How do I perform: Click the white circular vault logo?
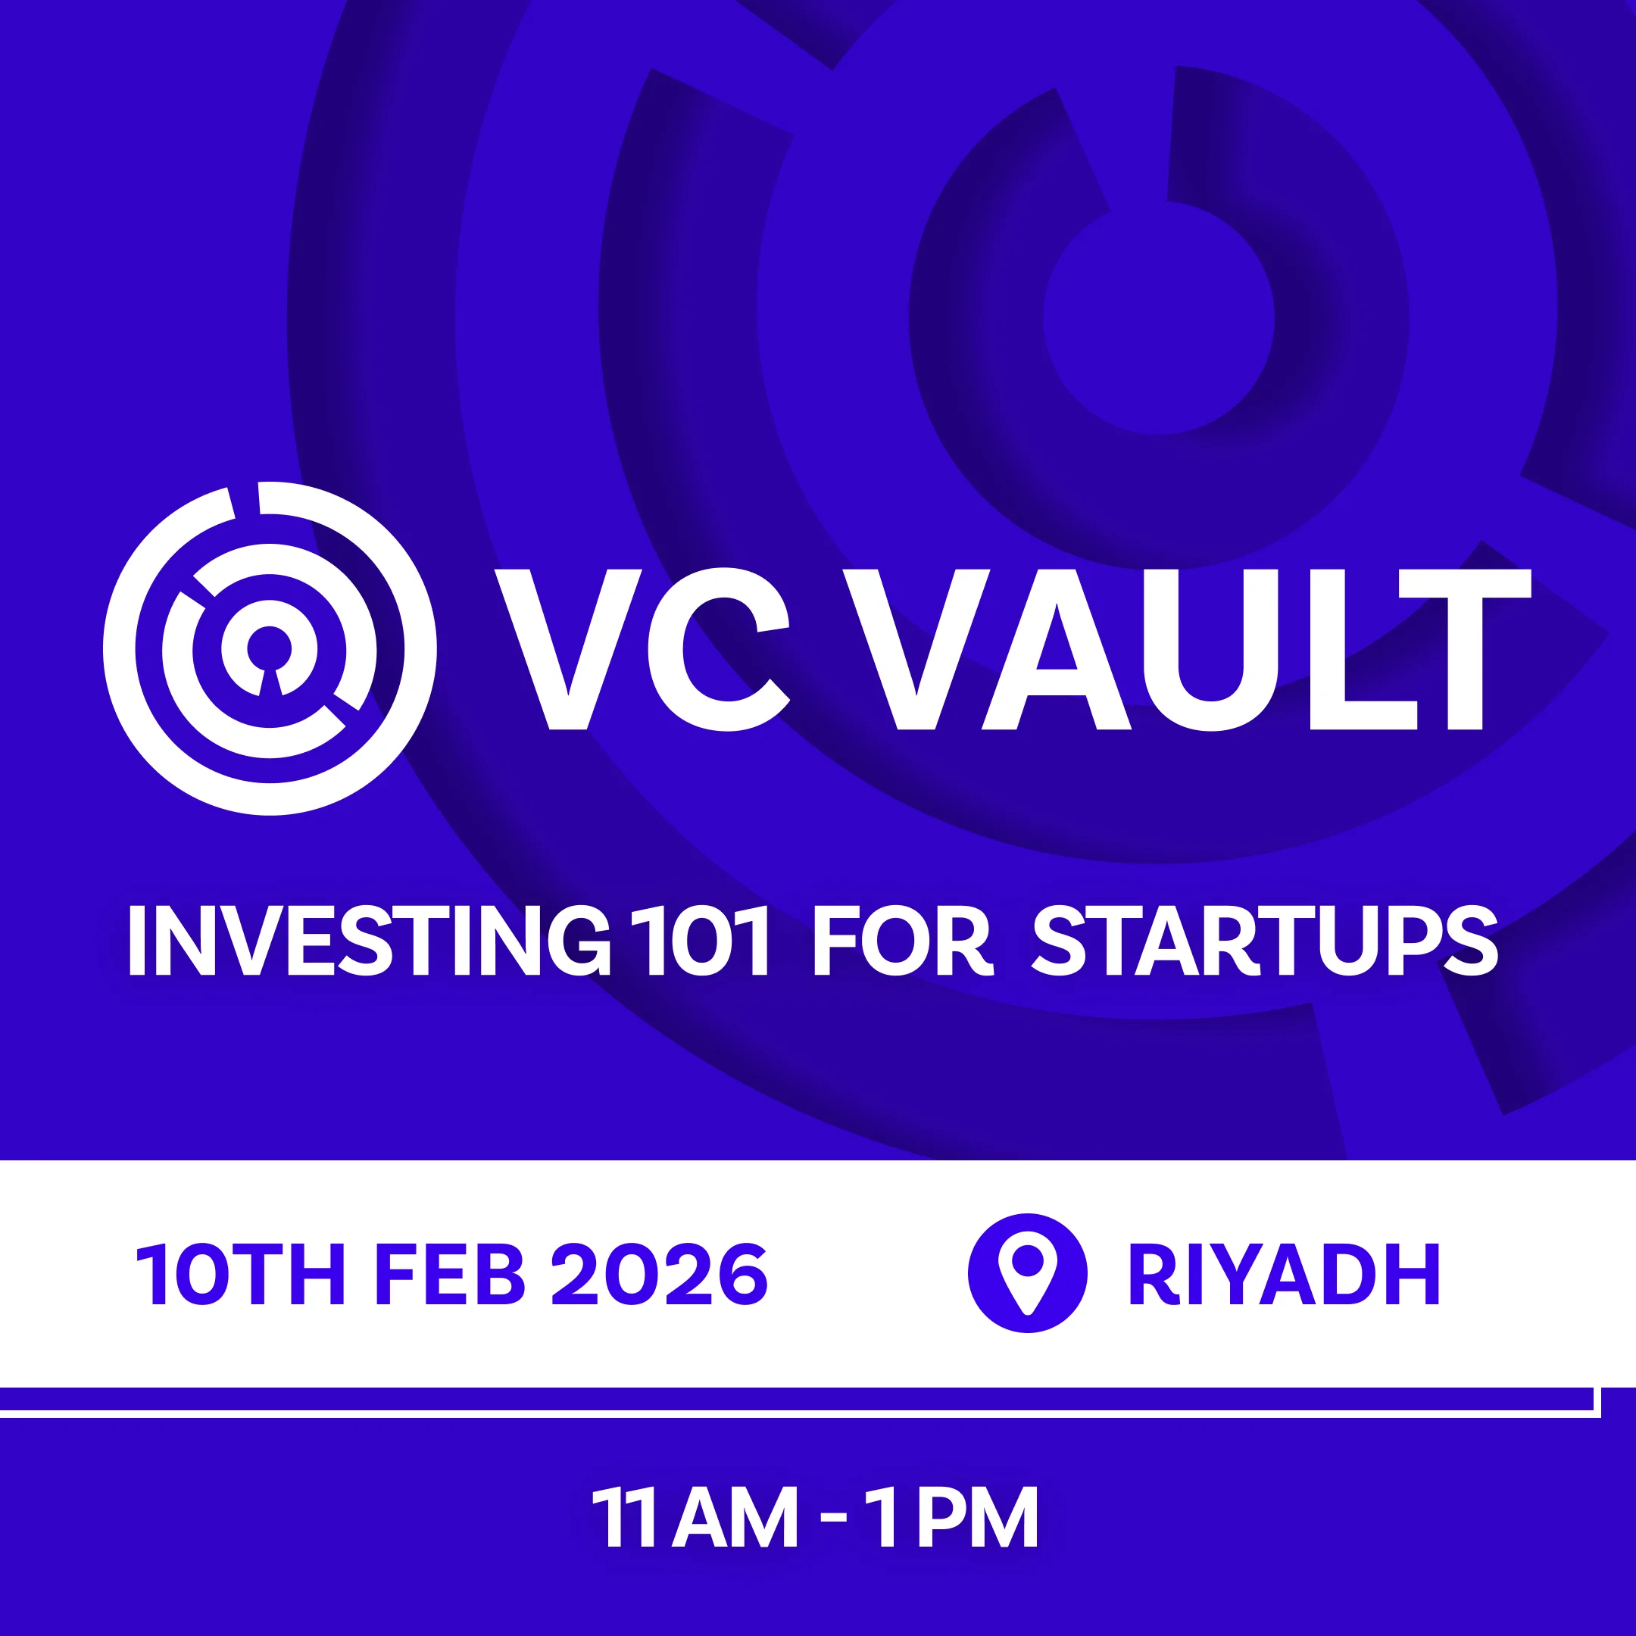(270, 648)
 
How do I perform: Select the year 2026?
(660, 1275)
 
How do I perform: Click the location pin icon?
(1027, 1272)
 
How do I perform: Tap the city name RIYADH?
(1284, 1275)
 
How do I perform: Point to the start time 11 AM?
(695, 1516)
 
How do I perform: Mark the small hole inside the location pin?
(1027, 1262)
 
